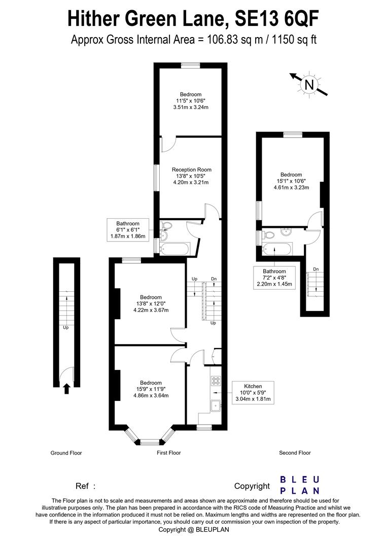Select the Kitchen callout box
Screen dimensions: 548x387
pyautogui.click(x=253, y=393)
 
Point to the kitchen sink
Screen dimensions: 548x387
pyautogui.click(x=215, y=405)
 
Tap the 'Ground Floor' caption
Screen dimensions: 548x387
pyautogui.click(x=66, y=453)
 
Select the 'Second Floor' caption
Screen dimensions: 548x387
pyautogui.click(x=295, y=453)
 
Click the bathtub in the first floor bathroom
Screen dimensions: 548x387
pyautogui.click(x=174, y=249)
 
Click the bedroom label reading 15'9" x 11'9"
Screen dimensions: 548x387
pyautogui.click(x=151, y=389)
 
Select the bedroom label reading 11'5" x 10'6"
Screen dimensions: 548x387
pyautogui.click(x=191, y=100)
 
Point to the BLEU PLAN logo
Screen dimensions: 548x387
pyautogui.click(x=300, y=485)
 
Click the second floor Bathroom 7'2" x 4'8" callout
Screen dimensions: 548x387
pyautogui.click(x=274, y=278)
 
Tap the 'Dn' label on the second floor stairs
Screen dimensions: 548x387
pyautogui.click(x=315, y=269)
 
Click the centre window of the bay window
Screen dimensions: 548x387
pyautogui.click(x=150, y=441)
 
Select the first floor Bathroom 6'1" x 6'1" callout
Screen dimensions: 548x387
pyautogui.click(x=127, y=230)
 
